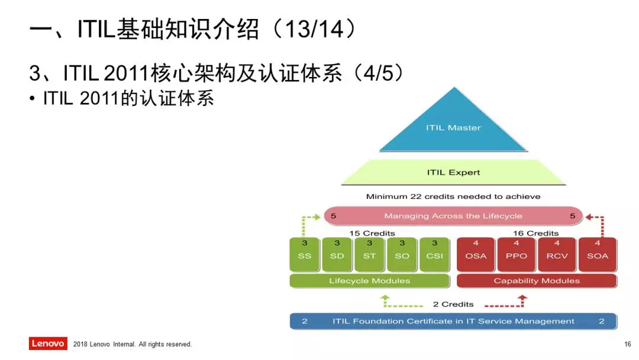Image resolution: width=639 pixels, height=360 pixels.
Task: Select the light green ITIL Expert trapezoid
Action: pyautogui.click(x=454, y=172)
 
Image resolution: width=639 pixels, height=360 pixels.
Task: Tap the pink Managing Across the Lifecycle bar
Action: pyautogui.click(x=453, y=216)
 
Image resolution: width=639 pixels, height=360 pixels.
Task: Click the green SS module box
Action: pyautogui.click(x=305, y=255)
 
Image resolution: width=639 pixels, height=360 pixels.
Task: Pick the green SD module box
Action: pyautogui.click(x=337, y=255)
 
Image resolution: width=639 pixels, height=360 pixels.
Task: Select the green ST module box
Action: pyautogui.click(x=370, y=255)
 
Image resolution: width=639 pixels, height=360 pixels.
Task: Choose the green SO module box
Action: pyautogui.click(x=402, y=255)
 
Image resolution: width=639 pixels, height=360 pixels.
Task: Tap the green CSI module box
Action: pyautogui.click(x=435, y=255)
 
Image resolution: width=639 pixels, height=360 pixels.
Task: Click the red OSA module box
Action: pyautogui.click(x=476, y=255)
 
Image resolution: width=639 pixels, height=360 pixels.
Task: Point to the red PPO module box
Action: pyautogui.click(x=517, y=255)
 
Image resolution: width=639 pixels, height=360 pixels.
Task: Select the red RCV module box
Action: pyautogui.click(x=557, y=255)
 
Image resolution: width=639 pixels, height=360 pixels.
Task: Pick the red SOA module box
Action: pyautogui.click(x=598, y=255)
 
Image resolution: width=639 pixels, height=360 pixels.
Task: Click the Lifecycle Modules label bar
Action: pyautogui.click(x=370, y=281)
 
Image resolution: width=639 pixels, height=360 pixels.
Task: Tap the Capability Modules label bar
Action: pyautogui.click(x=537, y=281)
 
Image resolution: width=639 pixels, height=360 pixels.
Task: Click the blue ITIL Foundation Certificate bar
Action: pyautogui.click(x=453, y=322)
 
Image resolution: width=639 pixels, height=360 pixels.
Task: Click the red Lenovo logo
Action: pyautogui.click(x=48, y=343)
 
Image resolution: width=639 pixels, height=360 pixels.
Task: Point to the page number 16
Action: pyautogui.click(x=628, y=344)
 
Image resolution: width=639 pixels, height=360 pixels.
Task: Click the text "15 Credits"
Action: pyautogui.click(x=372, y=233)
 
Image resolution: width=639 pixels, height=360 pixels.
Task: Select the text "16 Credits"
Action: pyautogui.click(x=536, y=233)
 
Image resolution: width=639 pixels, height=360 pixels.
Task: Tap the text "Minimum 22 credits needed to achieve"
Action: pyautogui.click(x=453, y=197)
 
